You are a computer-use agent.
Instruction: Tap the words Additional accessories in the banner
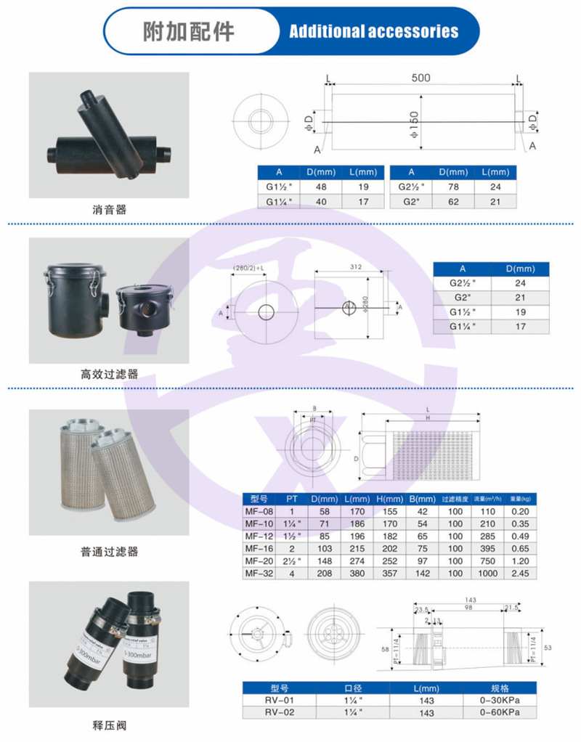(x=373, y=32)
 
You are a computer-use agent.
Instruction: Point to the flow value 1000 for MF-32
(x=489, y=574)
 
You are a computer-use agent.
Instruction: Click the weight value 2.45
(x=521, y=574)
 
